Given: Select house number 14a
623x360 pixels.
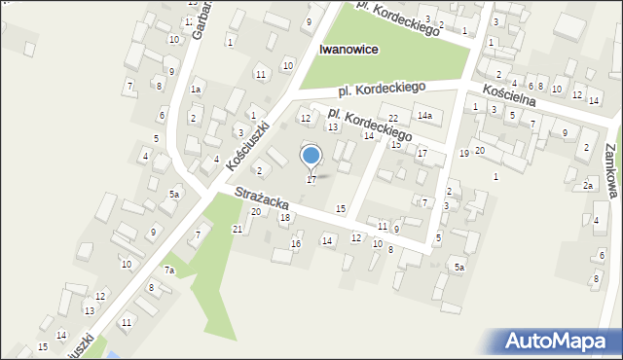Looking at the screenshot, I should tap(424, 116).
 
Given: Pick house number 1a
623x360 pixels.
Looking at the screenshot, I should tap(196, 90).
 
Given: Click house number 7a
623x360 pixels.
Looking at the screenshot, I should tap(168, 270).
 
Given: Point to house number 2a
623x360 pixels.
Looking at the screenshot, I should tap(588, 185).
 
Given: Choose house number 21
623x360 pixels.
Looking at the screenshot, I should tap(238, 229).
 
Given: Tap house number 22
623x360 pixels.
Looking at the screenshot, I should tap(392, 119).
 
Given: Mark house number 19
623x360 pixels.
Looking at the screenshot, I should tap(464, 154).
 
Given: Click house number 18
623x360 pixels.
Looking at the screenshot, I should tap(285, 217).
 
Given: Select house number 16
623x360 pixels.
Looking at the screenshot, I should tap(295, 243).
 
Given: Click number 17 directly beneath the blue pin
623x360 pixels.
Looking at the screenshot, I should tap(311, 180).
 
